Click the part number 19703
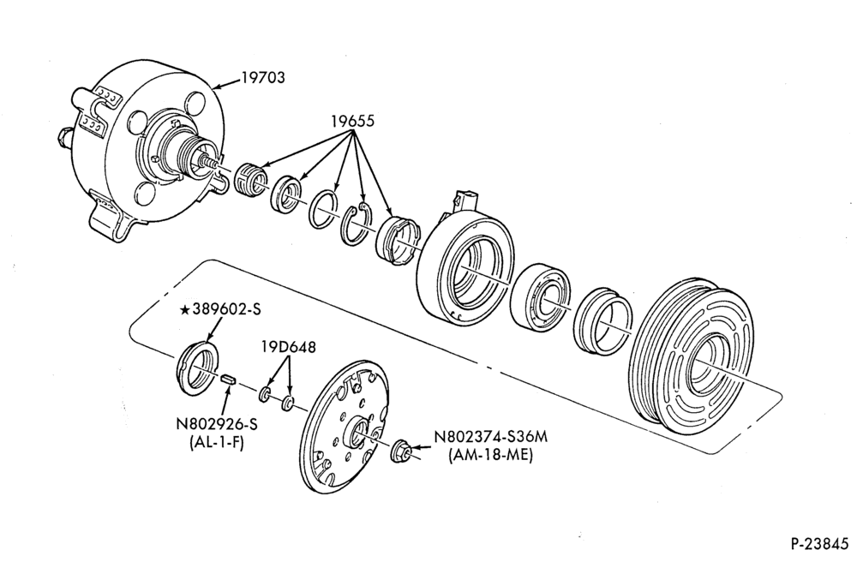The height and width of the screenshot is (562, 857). pyautogui.click(x=263, y=78)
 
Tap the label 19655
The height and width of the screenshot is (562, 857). pyautogui.click(x=352, y=121)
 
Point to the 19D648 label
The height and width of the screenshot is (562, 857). pyautogui.click(x=288, y=346)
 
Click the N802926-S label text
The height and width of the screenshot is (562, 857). pyautogui.click(x=217, y=424)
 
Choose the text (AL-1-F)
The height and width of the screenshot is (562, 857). pyautogui.click(x=217, y=442)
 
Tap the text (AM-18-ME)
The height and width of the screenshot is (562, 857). pyautogui.click(x=490, y=454)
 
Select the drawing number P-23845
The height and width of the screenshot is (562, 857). pyautogui.click(x=819, y=544)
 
